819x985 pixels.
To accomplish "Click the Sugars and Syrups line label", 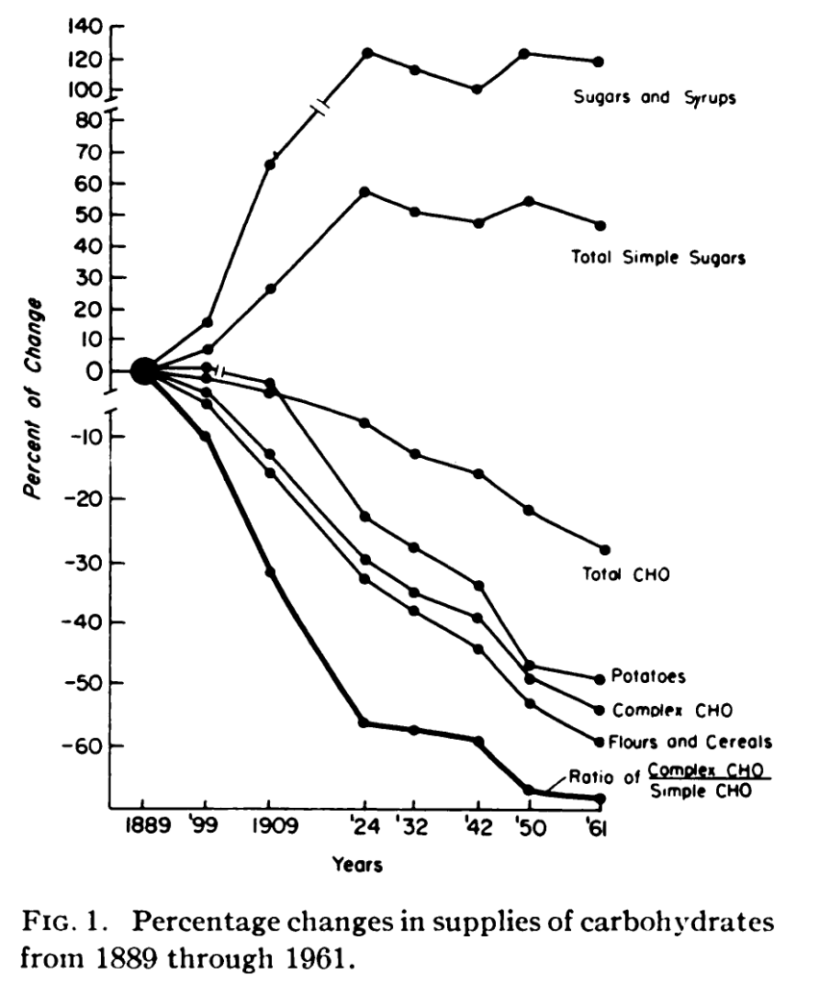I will (655, 98).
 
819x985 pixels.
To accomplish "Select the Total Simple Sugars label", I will (659, 257).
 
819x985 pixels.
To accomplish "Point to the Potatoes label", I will (649, 676).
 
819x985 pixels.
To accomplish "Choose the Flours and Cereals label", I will (690, 742).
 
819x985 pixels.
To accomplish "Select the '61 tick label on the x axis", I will (598, 830).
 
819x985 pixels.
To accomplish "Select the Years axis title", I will (358, 865).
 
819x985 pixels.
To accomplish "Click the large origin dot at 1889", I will (143, 370).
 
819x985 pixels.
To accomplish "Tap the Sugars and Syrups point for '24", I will (367, 52).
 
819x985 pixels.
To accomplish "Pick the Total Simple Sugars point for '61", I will (600, 225).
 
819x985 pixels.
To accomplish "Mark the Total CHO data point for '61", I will (605, 549).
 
